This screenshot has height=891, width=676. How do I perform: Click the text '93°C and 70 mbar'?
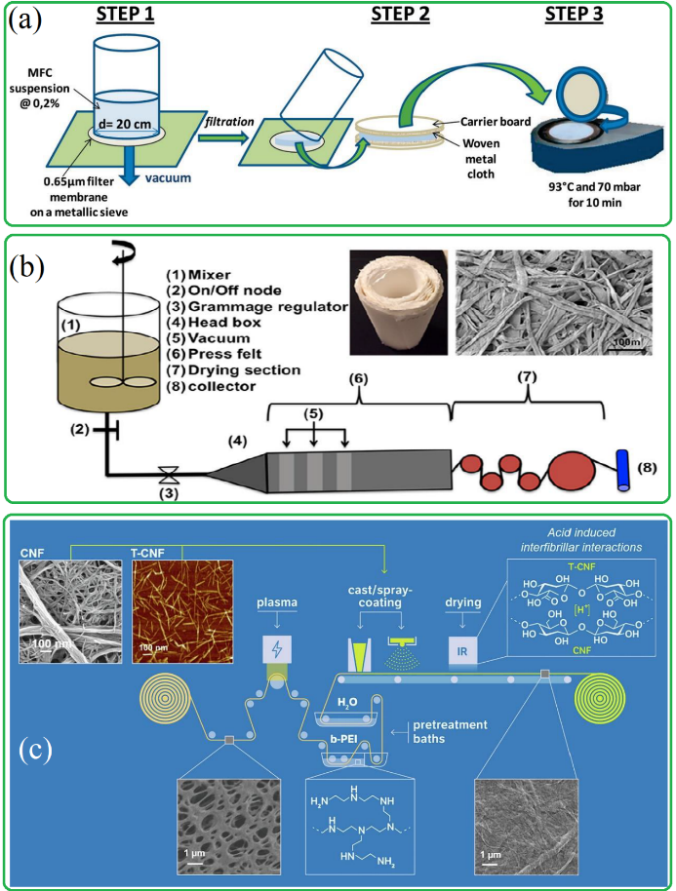tap(584, 192)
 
